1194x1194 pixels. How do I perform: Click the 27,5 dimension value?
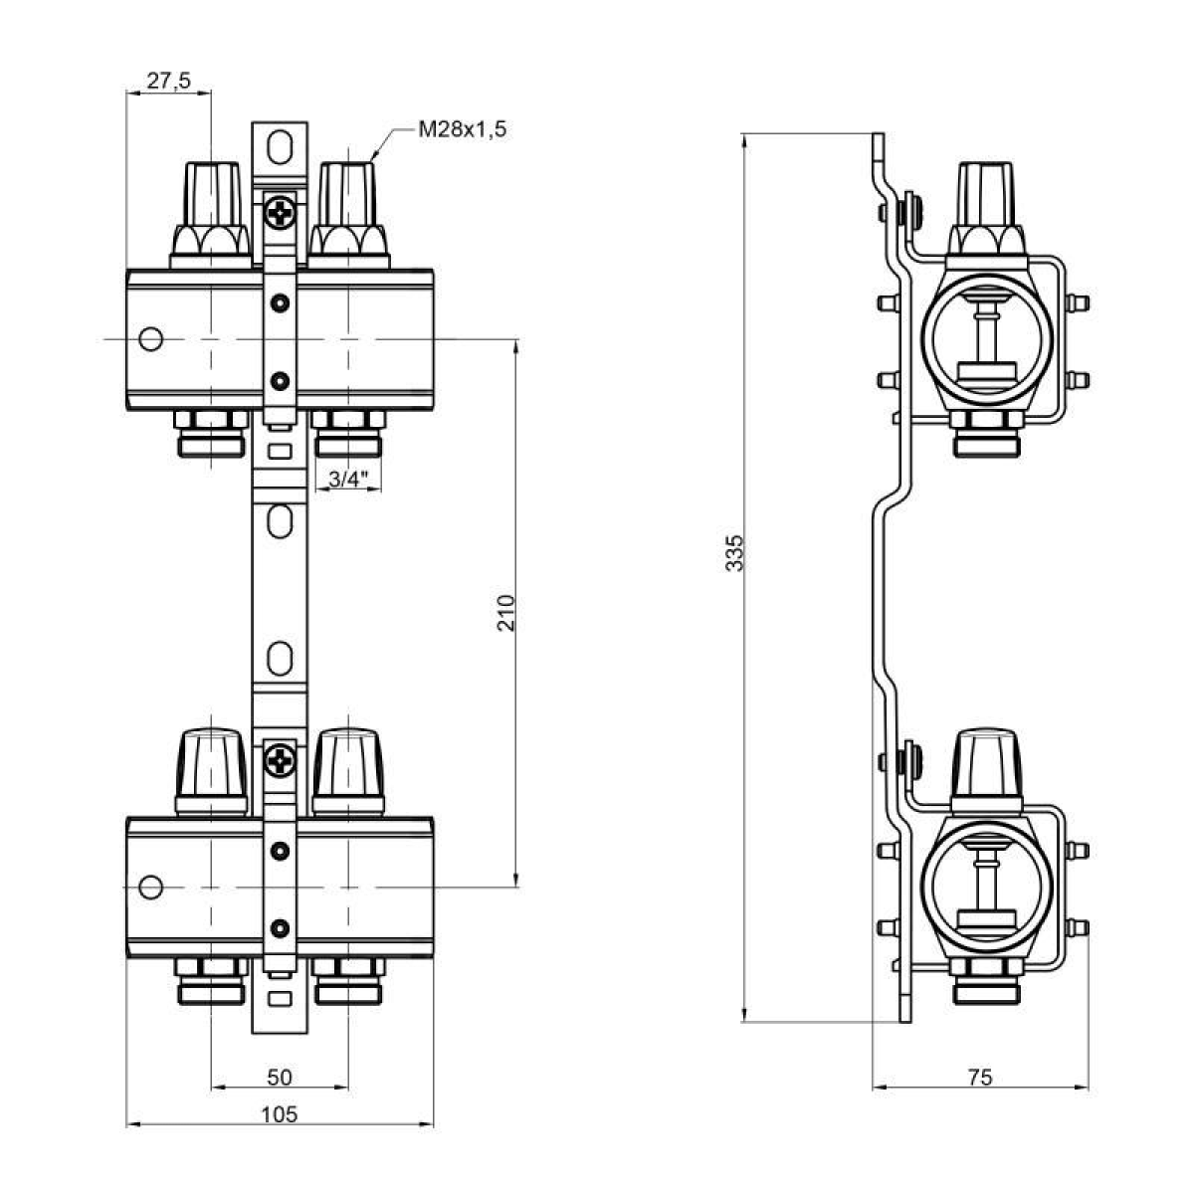pyautogui.click(x=169, y=82)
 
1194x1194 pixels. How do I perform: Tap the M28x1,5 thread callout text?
pyautogui.click(x=462, y=129)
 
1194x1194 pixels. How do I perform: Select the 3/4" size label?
pyautogui.click(x=347, y=481)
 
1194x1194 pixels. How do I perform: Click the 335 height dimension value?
pyautogui.click(x=734, y=553)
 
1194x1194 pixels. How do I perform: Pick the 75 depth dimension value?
pyautogui.click(x=979, y=1077)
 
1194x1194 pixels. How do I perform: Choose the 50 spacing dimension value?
pyautogui.click(x=280, y=1077)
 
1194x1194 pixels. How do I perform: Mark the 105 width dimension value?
pyautogui.click(x=280, y=1114)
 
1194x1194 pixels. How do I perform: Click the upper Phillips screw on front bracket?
pyautogui.click(x=281, y=212)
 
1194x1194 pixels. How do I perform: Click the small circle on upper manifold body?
pyautogui.click(x=150, y=339)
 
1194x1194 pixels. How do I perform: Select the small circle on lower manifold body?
pyautogui.click(x=150, y=885)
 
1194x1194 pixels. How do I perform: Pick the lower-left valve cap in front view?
pyautogui.click(x=211, y=766)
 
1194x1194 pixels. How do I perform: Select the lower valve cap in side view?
pyautogui.click(x=985, y=766)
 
